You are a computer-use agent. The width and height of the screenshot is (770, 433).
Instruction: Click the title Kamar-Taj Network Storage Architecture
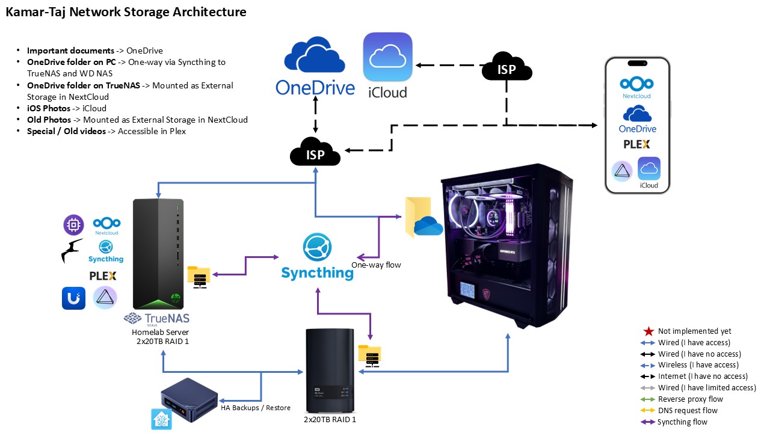tap(126, 12)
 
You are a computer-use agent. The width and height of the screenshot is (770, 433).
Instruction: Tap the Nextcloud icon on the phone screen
tap(636, 87)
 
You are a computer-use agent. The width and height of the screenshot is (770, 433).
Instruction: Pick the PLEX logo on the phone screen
tap(636, 144)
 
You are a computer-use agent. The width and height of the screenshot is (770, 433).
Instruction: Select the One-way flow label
tap(376, 265)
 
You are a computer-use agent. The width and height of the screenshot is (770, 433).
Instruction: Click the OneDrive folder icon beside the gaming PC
tap(423, 218)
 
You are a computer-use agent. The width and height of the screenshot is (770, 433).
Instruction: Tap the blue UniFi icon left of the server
tap(73, 298)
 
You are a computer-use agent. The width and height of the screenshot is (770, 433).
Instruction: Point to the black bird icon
tap(72, 251)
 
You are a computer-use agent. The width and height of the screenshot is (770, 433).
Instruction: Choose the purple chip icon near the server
tap(73, 225)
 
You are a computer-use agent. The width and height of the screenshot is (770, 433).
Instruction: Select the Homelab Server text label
tap(160, 332)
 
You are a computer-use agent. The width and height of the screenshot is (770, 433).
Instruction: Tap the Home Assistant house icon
tap(161, 419)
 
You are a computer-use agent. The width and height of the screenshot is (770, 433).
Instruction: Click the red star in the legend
tap(648, 331)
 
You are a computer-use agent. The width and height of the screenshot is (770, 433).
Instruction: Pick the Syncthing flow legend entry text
tap(682, 422)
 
